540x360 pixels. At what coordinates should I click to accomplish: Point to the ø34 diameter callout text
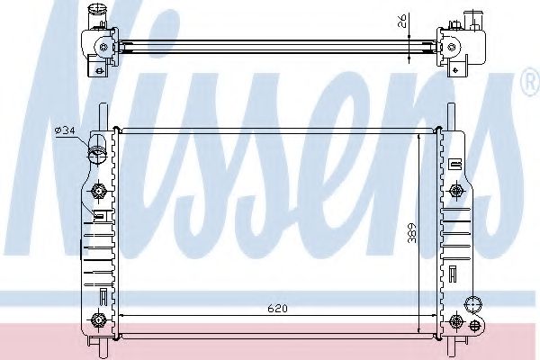pyautogui.click(x=64, y=131)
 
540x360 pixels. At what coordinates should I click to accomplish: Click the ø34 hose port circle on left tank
pyautogui.click(x=95, y=154)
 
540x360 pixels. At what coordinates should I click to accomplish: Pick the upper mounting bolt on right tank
pyautogui.click(x=458, y=191)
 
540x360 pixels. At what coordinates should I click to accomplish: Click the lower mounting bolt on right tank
pyautogui.click(x=458, y=321)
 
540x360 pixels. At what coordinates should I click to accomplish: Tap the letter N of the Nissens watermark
pyautogui.click(x=63, y=135)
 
